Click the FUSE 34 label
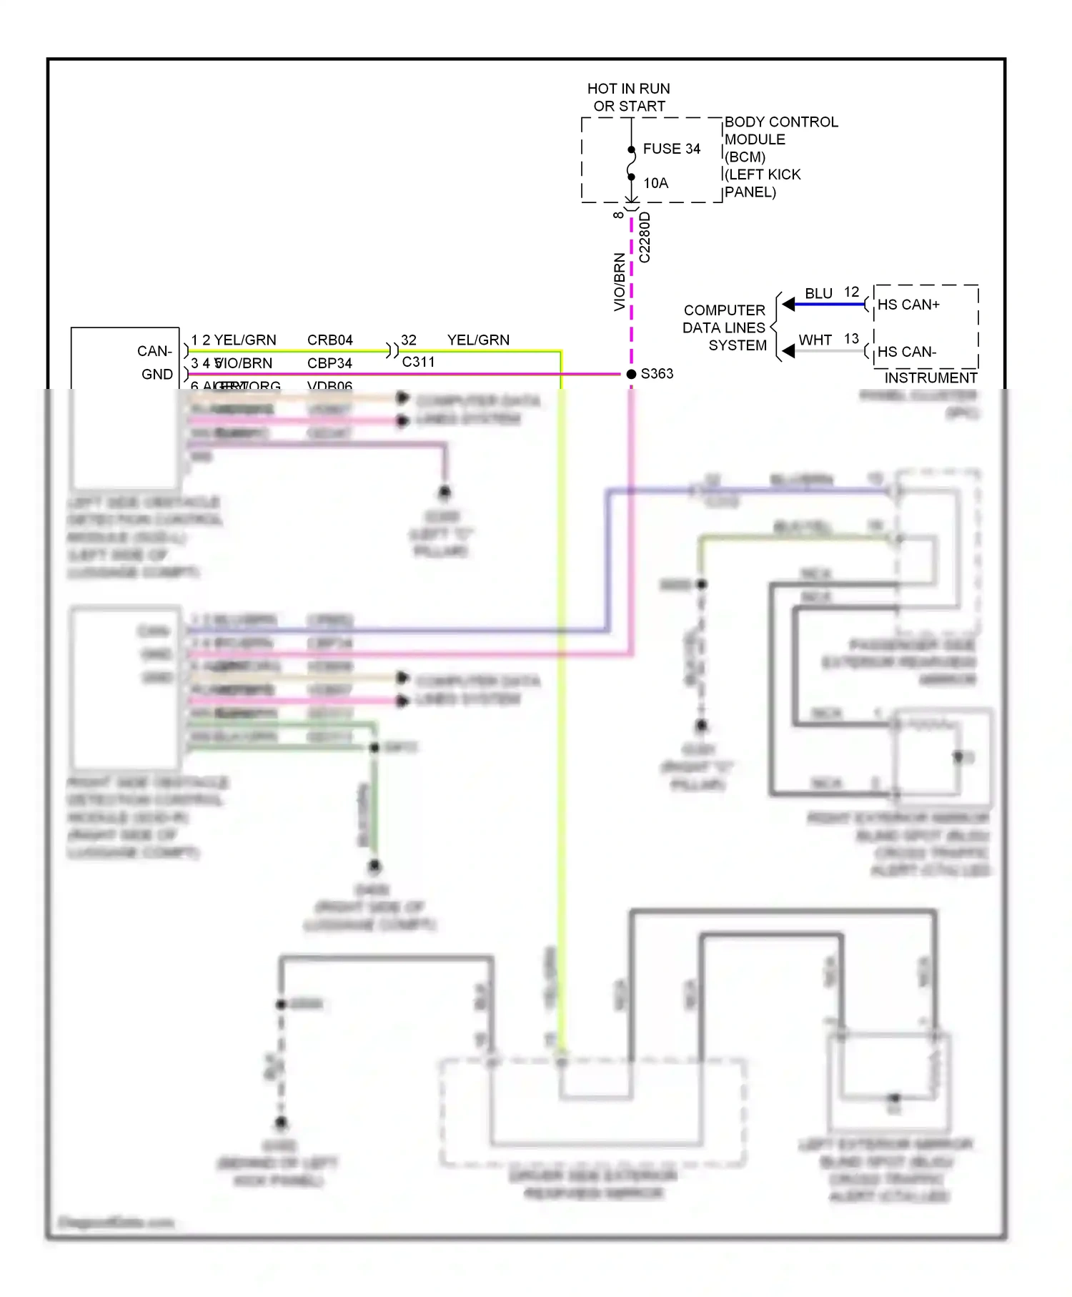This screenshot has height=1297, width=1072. [x=671, y=149]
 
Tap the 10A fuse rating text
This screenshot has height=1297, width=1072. [x=655, y=183]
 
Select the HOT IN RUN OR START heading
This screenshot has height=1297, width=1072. [x=628, y=97]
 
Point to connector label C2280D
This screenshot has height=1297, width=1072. [x=645, y=237]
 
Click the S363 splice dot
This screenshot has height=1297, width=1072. [x=631, y=374]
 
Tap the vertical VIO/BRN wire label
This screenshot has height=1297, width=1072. [x=619, y=282]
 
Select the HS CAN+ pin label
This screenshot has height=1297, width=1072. [x=908, y=305]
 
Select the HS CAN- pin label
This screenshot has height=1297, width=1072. [x=906, y=352]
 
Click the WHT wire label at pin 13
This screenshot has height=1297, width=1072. [x=815, y=340]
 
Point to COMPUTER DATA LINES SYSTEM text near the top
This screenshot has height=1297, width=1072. [x=724, y=327]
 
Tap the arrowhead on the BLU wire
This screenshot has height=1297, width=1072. [x=788, y=305]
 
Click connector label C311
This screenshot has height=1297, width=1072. [x=418, y=362]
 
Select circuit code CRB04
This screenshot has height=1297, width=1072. [x=329, y=340]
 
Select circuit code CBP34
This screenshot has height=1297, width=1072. [x=329, y=363]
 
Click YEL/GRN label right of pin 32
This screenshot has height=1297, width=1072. [x=478, y=340]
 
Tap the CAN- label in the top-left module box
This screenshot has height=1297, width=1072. [x=154, y=351]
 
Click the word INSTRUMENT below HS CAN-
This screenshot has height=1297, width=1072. [x=930, y=378]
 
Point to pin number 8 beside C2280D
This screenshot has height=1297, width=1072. [x=618, y=214]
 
